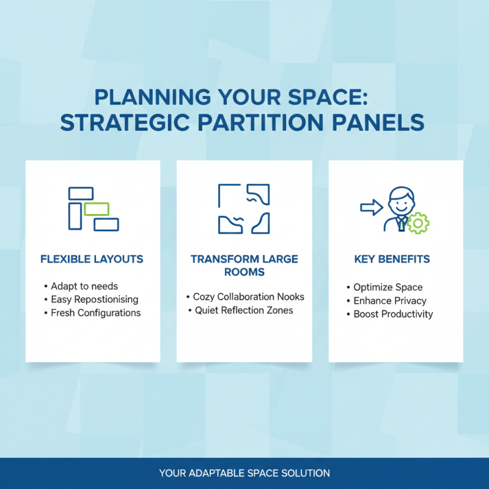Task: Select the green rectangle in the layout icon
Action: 97,209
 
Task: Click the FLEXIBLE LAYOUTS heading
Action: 92,259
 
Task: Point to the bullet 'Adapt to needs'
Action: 84,286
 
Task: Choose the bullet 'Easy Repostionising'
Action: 94,300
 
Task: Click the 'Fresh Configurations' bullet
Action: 95,313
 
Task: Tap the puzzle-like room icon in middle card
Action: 244,208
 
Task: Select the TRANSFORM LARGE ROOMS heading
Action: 244,265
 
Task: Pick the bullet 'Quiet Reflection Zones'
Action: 244,311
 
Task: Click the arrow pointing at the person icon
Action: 370,208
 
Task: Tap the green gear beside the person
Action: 418,223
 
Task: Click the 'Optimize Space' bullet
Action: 388,287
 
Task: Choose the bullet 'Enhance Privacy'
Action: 389,301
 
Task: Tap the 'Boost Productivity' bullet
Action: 393,314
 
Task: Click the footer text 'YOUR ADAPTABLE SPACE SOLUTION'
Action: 244,473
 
